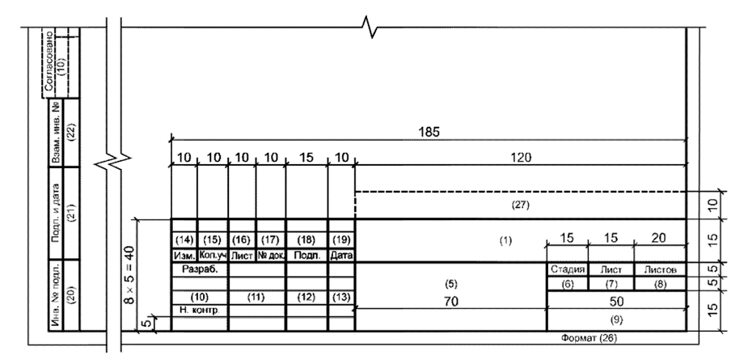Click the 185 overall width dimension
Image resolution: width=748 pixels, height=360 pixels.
[x=429, y=133]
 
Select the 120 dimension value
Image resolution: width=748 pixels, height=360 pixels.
[x=521, y=159]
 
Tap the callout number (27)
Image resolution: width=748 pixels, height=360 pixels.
[x=521, y=205]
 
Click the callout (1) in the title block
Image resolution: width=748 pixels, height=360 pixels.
[x=506, y=240]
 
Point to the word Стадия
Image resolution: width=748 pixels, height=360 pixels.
[x=568, y=269]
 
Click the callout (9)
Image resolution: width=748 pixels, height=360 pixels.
[x=617, y=320]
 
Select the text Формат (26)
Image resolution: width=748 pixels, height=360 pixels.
[x=594, y=337]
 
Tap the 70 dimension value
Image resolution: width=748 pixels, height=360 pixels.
[x=451, y=300]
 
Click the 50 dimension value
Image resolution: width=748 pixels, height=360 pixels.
[x=617, y=301]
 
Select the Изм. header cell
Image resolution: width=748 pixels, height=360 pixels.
[x=185, y=255]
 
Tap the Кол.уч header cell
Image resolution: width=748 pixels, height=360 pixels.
[x=213, y=255]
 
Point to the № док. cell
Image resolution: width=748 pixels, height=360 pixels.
[x=271, y=255]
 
